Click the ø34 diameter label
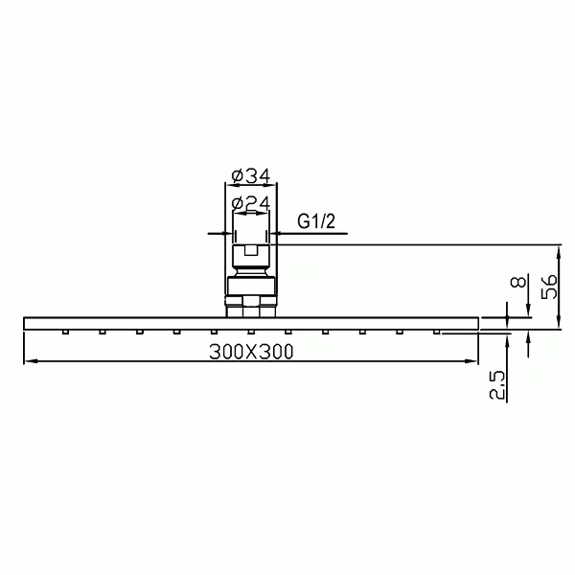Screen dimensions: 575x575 point(251,175)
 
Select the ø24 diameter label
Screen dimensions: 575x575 point(251,203)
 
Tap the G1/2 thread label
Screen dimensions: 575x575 point(316,221)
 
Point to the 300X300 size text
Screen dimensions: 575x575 point(251,352)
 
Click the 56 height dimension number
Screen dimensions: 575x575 point(550,287)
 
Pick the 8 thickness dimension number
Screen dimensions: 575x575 point(518,282)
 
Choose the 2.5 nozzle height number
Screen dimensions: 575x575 point(497,384)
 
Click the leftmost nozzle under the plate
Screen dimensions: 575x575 point(65,333)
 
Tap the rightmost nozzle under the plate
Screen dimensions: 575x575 point(436,333)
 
